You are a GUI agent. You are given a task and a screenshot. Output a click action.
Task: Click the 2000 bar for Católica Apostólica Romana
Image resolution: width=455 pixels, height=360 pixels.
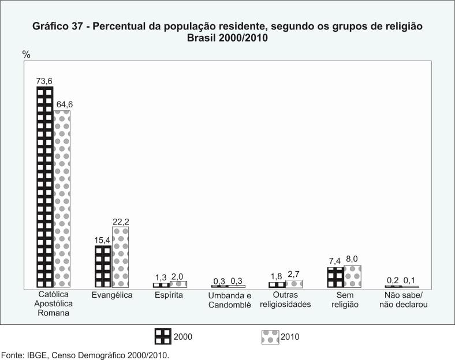click(x=45, y=187)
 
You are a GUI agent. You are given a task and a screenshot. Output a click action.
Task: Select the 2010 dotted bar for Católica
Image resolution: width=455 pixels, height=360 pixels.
click(x=62, y=198)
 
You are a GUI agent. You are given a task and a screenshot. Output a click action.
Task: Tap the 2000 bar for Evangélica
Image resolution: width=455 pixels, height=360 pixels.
click(x=103, y=267)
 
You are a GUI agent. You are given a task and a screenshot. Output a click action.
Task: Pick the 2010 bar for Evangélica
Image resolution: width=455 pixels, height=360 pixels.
click(x=120, y=257)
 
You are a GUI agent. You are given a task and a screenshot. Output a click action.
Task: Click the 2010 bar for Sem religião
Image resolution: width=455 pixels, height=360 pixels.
click(x=352, y=276)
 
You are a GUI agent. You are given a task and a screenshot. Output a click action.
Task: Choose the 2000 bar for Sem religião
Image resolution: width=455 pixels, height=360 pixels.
click(x=335, y=277)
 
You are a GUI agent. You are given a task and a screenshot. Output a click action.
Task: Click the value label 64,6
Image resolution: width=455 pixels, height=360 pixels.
click(x=64, y=104)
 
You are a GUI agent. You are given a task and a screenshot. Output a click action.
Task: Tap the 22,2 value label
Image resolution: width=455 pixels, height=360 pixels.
click(x=121, y=221)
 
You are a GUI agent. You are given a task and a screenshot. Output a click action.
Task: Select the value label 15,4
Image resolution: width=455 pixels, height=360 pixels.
click(x=102, y=239)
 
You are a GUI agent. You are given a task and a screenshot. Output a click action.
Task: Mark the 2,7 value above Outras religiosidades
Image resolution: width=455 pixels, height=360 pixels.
click(x=294, y=275)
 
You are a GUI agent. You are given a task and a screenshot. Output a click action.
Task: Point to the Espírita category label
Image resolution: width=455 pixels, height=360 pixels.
click(x=169, y=295)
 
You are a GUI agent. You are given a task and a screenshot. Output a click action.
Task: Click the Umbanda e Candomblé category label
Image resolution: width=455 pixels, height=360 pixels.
click(x=229, y=300)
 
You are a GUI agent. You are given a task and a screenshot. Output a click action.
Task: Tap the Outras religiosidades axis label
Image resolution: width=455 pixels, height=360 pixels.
click(x=285, y=300)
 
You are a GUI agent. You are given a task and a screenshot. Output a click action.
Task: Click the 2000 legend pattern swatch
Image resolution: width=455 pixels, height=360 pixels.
click(x=163, y=336)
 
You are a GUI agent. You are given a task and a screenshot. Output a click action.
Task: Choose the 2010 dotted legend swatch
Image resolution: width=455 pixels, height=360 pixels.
click(x=270, y=336)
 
